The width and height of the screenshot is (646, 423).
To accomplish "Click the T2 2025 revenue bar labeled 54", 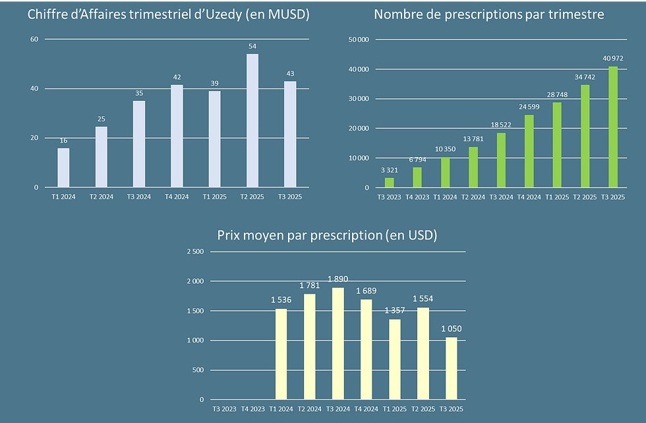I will [x=252, y=121].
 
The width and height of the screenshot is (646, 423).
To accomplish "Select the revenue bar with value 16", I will [x=63, y=168].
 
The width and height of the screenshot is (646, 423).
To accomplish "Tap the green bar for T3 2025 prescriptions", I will [x=613, y=127].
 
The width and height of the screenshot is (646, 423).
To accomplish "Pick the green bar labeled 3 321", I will [x=390, y=183].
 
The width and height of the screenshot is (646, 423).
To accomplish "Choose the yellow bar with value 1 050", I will [x=452, y=368].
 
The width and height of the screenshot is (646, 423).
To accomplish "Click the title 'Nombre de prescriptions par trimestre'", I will [x=488, y=14].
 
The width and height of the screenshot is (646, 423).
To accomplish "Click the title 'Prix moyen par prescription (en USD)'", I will [x=328, y=235].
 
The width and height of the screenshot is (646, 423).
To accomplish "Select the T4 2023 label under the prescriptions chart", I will [x=417, y=197].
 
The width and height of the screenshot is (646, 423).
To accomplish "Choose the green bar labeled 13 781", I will [x=473, y=167].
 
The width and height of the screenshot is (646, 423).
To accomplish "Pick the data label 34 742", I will [x=585, y=77].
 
